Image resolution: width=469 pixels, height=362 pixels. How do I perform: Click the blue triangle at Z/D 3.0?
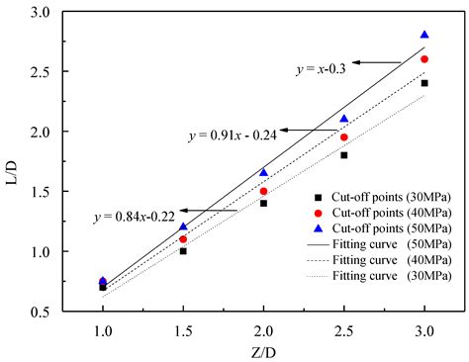click(424, 35)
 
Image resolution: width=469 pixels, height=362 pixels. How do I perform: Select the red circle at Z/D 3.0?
click(424, 59)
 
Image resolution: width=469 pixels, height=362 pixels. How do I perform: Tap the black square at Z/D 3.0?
click(424, 83)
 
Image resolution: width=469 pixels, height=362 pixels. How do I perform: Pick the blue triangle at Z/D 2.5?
click(344, 119)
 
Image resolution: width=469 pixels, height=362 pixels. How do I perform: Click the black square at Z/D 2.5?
click(344, 155)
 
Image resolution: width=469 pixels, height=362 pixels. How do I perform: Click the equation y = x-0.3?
click(323, 68)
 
